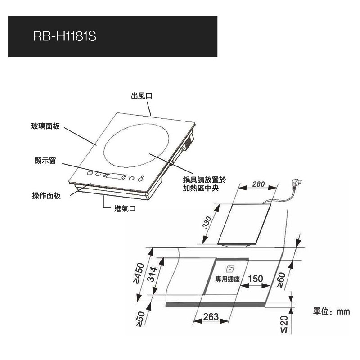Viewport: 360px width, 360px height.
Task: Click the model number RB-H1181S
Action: point(65,36)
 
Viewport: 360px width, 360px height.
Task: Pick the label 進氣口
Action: point(125,208)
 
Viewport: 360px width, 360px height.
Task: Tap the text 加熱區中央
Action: point(201,188)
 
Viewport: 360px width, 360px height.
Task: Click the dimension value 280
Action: point(258,184)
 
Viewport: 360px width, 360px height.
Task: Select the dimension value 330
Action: point(207,222)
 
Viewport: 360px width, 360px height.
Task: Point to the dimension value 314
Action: point(152,274)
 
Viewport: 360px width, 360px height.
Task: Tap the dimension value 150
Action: point(255,279)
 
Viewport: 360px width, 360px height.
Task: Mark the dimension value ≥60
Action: point(281,279)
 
